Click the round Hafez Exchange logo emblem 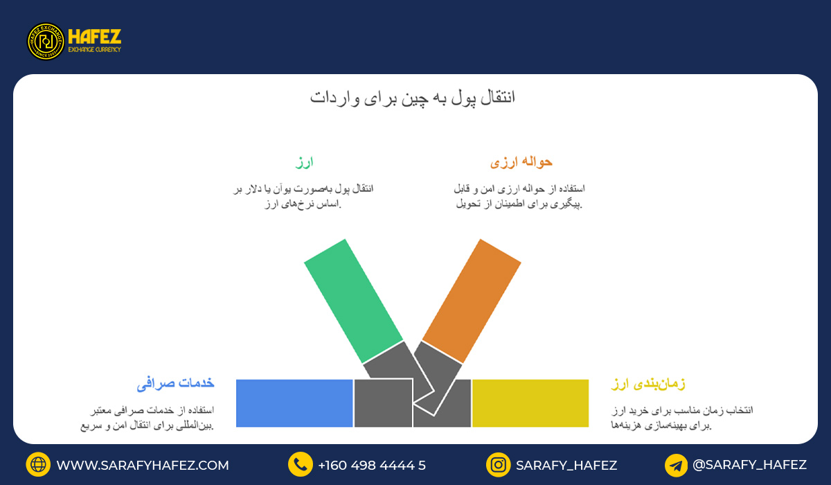point(46,42)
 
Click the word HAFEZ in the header point(95,37)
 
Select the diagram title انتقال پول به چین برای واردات point(413,98)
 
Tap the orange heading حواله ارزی point(521,162)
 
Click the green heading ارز point(304,162)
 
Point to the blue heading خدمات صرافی point(175,383)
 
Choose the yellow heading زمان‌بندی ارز point(648,383)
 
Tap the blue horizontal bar point(294,403)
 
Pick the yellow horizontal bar point(530,403)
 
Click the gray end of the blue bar point(382,403)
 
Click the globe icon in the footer point(38,465)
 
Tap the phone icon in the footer point(301,465)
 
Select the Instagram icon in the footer point(498,465)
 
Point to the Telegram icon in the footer point(676,465)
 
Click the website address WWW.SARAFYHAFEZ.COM point(143,466)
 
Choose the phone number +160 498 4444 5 point(372,466)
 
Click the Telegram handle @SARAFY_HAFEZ point(749,465)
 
